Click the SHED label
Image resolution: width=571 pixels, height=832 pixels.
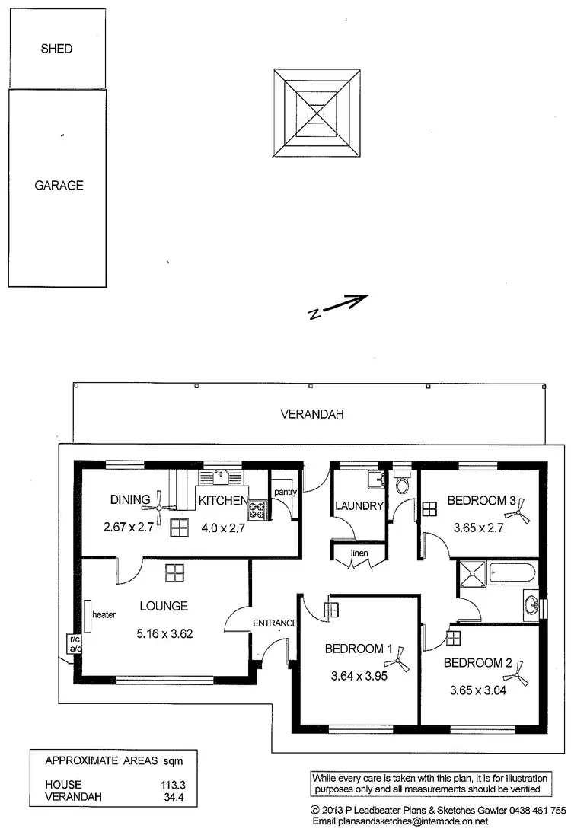pyautogui.click(x=57, y=49)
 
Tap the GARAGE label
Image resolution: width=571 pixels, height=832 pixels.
pyautogui.click(x=59, y=185)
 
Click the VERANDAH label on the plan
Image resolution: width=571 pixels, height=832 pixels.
pyautogui.click(x=312, y=415)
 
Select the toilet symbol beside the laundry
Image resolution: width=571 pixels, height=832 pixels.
pyautogui.click(x=402, y=483)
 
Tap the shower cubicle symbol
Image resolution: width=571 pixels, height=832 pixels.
pyautogui.click(x=472, y=577)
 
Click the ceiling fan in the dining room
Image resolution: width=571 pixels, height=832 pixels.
pyautogui.click(x=159, y=499)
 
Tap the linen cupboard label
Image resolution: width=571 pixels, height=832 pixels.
pyautogui.click(x=359, y=553)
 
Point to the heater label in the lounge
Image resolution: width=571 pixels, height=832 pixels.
pyautogui.click(x=103, y=614)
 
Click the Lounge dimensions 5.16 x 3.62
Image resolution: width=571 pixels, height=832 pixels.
pyautogui.click(x=164, y=632)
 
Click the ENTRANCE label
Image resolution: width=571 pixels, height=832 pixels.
pyautogui.click(x=274, y=623)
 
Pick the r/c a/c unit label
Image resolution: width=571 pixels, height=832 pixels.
pyautogui.click(x=75, y=644)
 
